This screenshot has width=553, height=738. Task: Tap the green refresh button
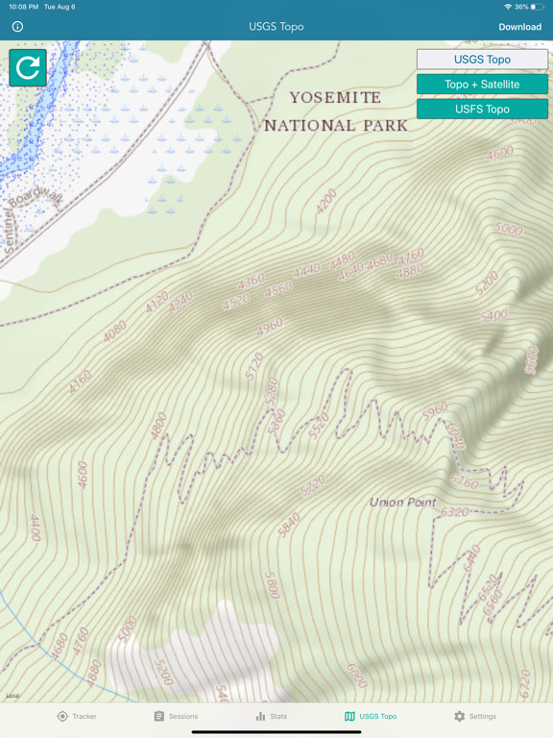[x=28, y=67]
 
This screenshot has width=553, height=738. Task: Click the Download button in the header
[x=519, y=27]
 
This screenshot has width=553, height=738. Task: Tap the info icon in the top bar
[x=17, y=27]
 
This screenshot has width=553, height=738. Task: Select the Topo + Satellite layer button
[x=482, y=85]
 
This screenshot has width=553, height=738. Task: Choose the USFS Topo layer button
[x=482, y=110]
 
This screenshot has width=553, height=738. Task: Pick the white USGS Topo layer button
[x=482, y=60]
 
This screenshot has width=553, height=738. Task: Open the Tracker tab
[x=77, y=716]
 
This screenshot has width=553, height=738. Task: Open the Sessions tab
[x=176, y=716]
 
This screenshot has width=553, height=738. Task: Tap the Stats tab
[x=271, y=716]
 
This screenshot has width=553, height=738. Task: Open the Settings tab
[x=475, y=716]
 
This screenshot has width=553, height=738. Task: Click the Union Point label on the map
[x=402, y=502]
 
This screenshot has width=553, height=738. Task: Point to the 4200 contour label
[x=326, y=201]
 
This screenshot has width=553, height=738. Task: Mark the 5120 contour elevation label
[x=254, y=366]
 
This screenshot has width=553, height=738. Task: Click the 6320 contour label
[x=454, y=512]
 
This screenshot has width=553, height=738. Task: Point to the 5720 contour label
[x=312, y=487]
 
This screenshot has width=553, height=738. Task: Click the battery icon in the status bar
[x=538, y=7]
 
